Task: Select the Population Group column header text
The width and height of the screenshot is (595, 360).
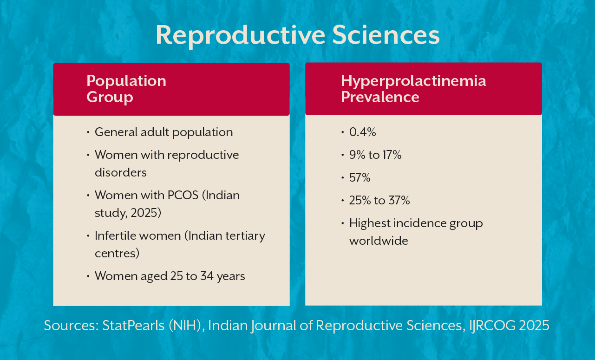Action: tap(126, 89)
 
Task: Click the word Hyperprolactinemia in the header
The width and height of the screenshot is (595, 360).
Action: tap(413, 80)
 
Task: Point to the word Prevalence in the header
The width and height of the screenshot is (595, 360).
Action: tap(380, 97)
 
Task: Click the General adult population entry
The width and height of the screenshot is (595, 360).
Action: tap(163, 132)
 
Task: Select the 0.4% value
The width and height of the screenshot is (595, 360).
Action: tap(362, 132)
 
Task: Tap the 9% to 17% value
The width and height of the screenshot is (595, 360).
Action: tap(375, 155)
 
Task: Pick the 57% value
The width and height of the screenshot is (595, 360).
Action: tap(360, 177)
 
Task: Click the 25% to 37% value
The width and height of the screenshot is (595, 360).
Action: tap(379, 200)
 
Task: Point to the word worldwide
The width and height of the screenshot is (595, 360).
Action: tap(379, 241)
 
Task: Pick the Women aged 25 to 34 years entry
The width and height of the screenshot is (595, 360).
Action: tap(170, 276)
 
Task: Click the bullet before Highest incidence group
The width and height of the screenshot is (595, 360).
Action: tap(342, 224)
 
